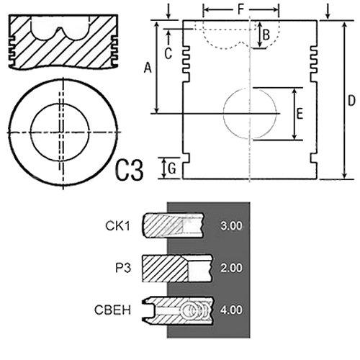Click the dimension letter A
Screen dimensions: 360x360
tap(148, 68)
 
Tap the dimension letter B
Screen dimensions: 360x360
tap(266, 35)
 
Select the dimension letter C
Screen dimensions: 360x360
tap(168, 53)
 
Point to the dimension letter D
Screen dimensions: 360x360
tap(351, 101)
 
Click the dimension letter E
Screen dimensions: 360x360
tap(300, 114)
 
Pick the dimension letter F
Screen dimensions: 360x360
tap(240, 9)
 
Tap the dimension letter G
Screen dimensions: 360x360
tap(172, 168)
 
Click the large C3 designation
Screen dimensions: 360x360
tap(130, 170)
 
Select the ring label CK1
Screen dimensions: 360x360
tap(117, 226)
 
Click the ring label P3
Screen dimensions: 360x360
tap(123, 268)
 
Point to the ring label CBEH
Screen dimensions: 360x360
tap(113, 310)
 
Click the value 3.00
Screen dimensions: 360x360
tap(231, 226)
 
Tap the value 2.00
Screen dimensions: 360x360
tap(231, 268)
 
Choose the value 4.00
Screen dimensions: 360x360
tap(231, 310)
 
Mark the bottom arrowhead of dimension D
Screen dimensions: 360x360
tap(345, 176)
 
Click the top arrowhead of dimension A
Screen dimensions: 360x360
tap(156, 24)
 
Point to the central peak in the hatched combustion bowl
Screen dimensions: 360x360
tap(60, 30)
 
